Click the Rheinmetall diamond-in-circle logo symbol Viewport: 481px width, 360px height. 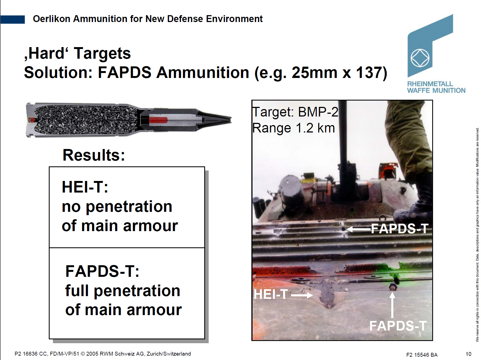click(420, 58)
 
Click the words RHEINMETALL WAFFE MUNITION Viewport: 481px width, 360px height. click(436, 87)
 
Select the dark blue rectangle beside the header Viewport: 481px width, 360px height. click(12, 19)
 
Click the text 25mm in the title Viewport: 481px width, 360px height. click(315, 73)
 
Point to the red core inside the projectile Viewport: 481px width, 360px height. click(158, 120)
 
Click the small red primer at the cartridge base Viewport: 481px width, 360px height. click(31, 120)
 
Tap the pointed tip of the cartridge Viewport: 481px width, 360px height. click(231, 119)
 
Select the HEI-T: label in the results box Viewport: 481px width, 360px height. click(85, 187)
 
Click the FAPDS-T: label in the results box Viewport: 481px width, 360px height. click(102, 271)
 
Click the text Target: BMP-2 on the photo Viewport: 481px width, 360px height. click(295, 112)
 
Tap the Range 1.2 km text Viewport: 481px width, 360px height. click(294, 128)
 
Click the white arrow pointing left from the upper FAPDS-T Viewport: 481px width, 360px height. click(358, 229)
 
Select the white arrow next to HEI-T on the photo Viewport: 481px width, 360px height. click(302, 295)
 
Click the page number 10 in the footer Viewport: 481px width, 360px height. click(468, 354)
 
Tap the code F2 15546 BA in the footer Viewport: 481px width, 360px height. click(422, 355)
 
